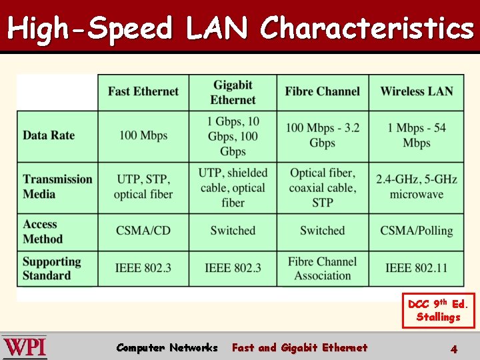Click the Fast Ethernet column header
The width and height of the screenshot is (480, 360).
click(x=143, y=92)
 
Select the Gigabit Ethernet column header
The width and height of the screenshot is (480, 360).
click(x=233, y=93)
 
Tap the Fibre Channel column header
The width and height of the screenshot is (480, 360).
click(x=322, y=92)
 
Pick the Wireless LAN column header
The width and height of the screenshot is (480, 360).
click(x=417, y=92)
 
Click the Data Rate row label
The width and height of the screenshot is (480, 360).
click(x=49, y=135)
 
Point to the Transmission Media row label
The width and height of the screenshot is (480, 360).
click(x=57, y=187)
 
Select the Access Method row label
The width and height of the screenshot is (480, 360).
click(x=43, y=231)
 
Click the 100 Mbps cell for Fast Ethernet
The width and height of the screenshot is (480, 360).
click(x=143, y=135)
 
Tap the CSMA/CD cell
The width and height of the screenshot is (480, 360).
click(x=143, y=231)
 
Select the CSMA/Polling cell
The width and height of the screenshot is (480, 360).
click(x=417, y=231)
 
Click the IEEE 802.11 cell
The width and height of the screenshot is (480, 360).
click(x=417, y=268)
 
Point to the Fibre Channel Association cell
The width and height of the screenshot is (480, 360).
click(x=322, y=268)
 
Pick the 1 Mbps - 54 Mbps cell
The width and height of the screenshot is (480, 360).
click(x=417, y=135)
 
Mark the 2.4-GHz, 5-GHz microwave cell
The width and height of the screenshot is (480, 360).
click(x=417, y=187)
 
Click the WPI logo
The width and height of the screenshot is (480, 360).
click(x=25, y=347)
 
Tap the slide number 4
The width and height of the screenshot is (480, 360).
click(x=453, y=348)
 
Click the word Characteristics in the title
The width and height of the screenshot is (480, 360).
click(x=367, y=28)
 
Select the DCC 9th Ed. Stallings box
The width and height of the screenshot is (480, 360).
click(x=439, y=311)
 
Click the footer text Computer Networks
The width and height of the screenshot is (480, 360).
click(x=167, y=347)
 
